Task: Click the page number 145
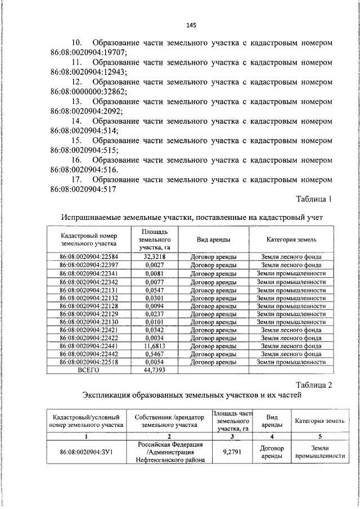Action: click(191, 25)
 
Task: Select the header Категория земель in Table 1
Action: click(291, 239)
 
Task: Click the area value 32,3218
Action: click(154, 256)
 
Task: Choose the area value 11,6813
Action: click(154, 346)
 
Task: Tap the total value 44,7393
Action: click(154, 371)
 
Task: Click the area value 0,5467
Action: click(154, 355)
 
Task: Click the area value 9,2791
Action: click(232, 451)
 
